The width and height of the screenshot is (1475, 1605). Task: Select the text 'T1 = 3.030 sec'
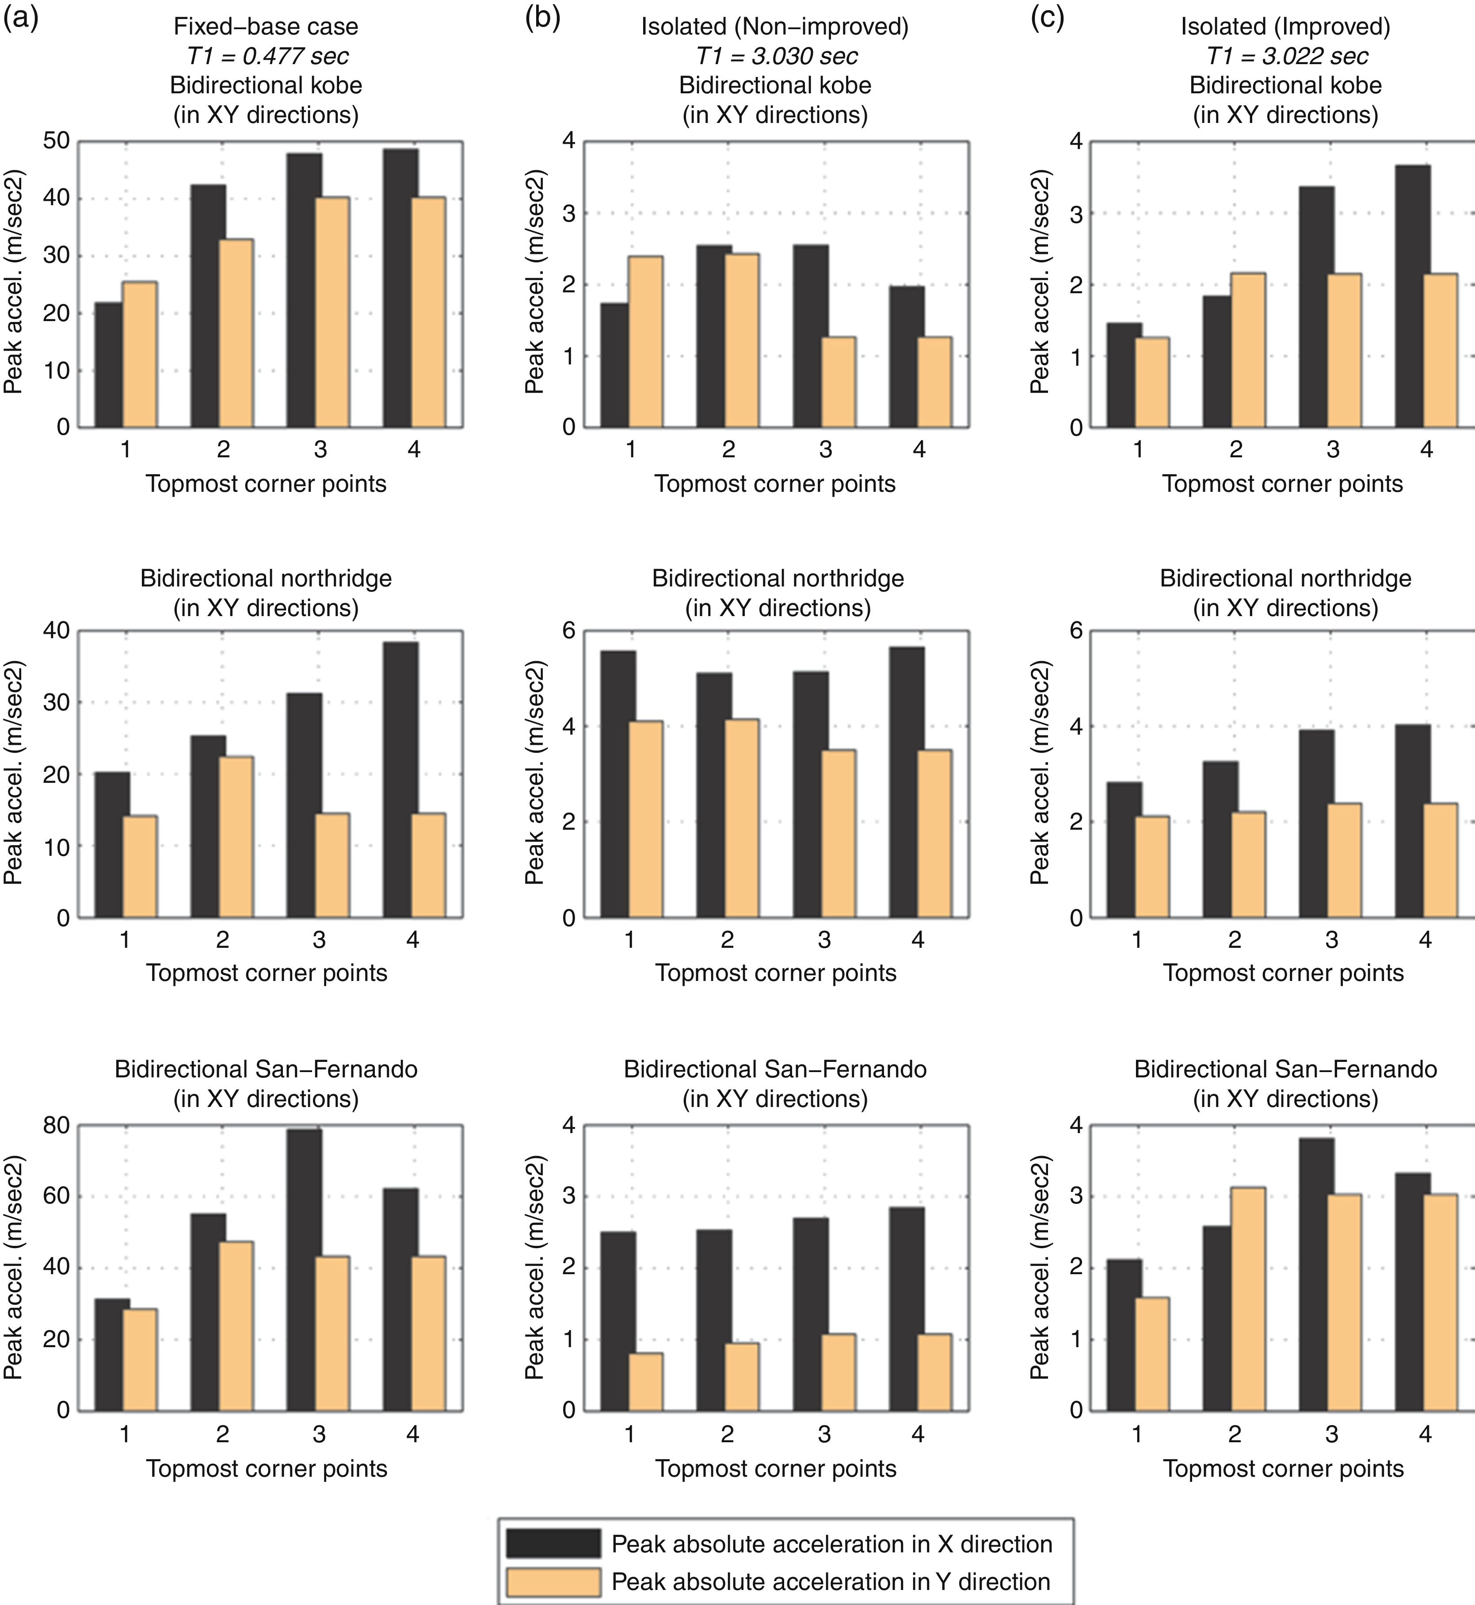tap(776, 56)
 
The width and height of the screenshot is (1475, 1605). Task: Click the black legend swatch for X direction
tap(553, 1544)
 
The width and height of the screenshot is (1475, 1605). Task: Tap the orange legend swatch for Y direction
tap(553, 1582)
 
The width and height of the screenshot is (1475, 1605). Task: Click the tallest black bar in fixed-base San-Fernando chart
tap(304, 1270)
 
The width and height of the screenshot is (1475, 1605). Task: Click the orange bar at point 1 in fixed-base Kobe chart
tap(140, 355)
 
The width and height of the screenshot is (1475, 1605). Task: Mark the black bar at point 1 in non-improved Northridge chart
tap(618, 784)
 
